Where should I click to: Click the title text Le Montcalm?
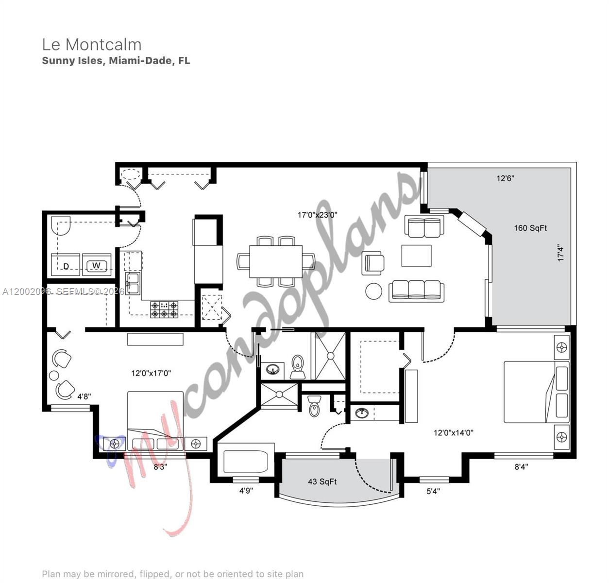tap(92, 45)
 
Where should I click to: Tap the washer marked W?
tap(96, 265)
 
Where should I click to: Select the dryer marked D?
tap(66, 265)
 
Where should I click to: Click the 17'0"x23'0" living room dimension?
tap(317, 215)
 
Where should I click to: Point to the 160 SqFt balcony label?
tap(530, 228)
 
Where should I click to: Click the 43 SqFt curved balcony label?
tap(322, 481)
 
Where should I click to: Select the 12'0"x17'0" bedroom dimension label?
tap(151, 373)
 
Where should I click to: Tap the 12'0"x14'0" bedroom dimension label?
tap(453, 432)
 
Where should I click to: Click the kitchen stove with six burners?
tap(164, 309)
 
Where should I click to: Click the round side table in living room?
tap(374, 291)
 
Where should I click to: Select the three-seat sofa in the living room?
tap(416, 291)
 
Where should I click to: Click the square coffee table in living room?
tap(416, 256)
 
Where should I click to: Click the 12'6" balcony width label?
tap(505, 178)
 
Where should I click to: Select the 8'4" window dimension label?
tap(521, 467)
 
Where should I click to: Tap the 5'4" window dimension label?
tap(433, 491)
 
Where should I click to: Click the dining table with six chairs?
tap(275, 261)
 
